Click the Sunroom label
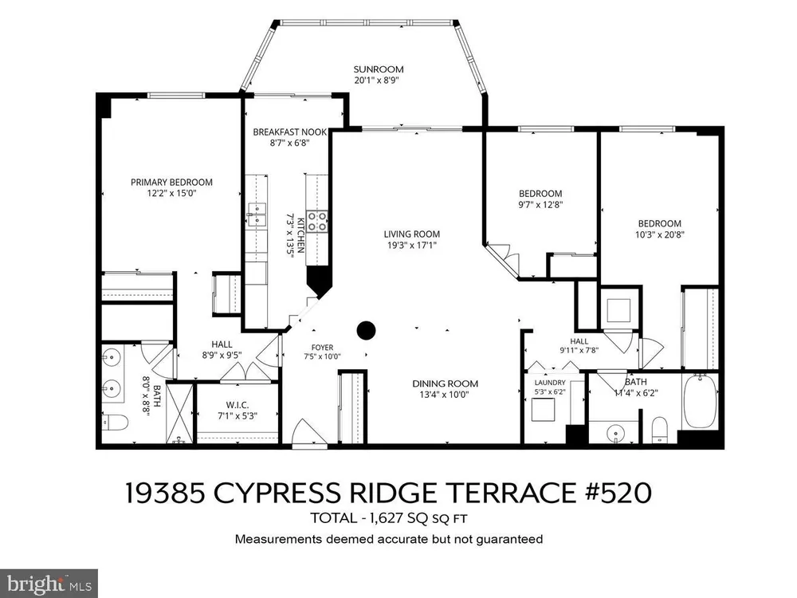(x=379, y=69)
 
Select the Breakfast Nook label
(x=290, y=132)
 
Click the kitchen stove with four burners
(x=317, y=222)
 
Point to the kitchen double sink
(x=257, y=214)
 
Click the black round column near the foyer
(x=366, y=331)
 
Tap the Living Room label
(x=412, y=234)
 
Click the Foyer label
(x=322, y=348)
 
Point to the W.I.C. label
(x=238, y=405)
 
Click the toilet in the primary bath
(x=115, y=422)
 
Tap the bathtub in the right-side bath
(x=700, y=401)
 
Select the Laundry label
(x=550, y=383)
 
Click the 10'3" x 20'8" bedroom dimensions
(x=660, y=234)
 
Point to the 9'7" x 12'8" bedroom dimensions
(x=540, y=204)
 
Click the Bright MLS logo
(x=49, y=584)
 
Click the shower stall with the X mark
(x=180, y=413)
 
